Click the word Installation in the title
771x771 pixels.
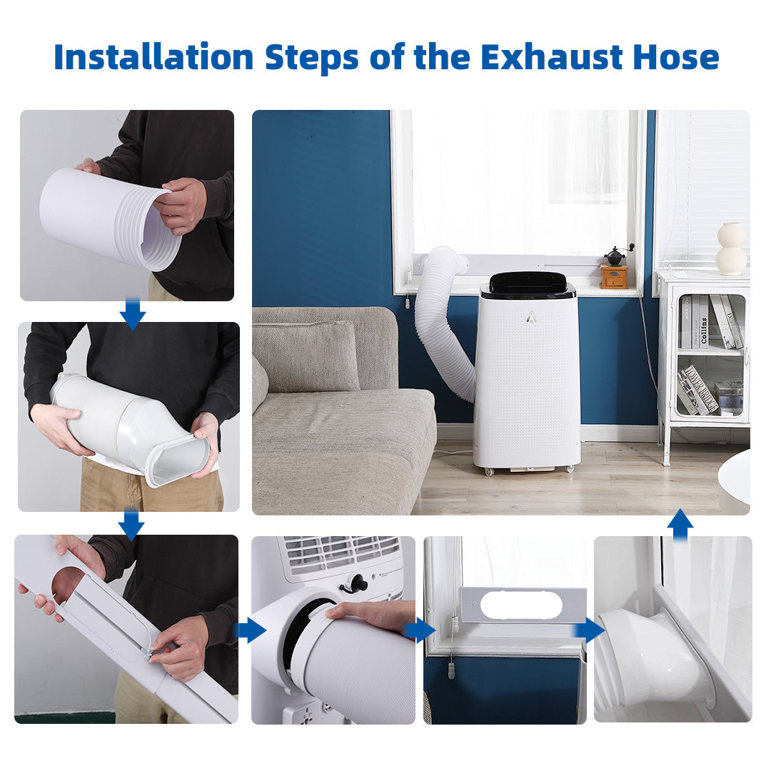tap(153, 57)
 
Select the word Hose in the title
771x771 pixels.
tap(676, 57)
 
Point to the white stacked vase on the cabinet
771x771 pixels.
tap(731, 249)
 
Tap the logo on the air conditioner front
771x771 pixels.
tap(530, 318)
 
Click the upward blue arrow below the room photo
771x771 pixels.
tap(680, 525)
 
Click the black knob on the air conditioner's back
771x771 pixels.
tap(357, 583)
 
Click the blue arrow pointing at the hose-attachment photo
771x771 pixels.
tap(251, 630)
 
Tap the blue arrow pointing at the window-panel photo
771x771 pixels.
tap(418, 630)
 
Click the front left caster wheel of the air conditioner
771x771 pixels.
tap(488, 472)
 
